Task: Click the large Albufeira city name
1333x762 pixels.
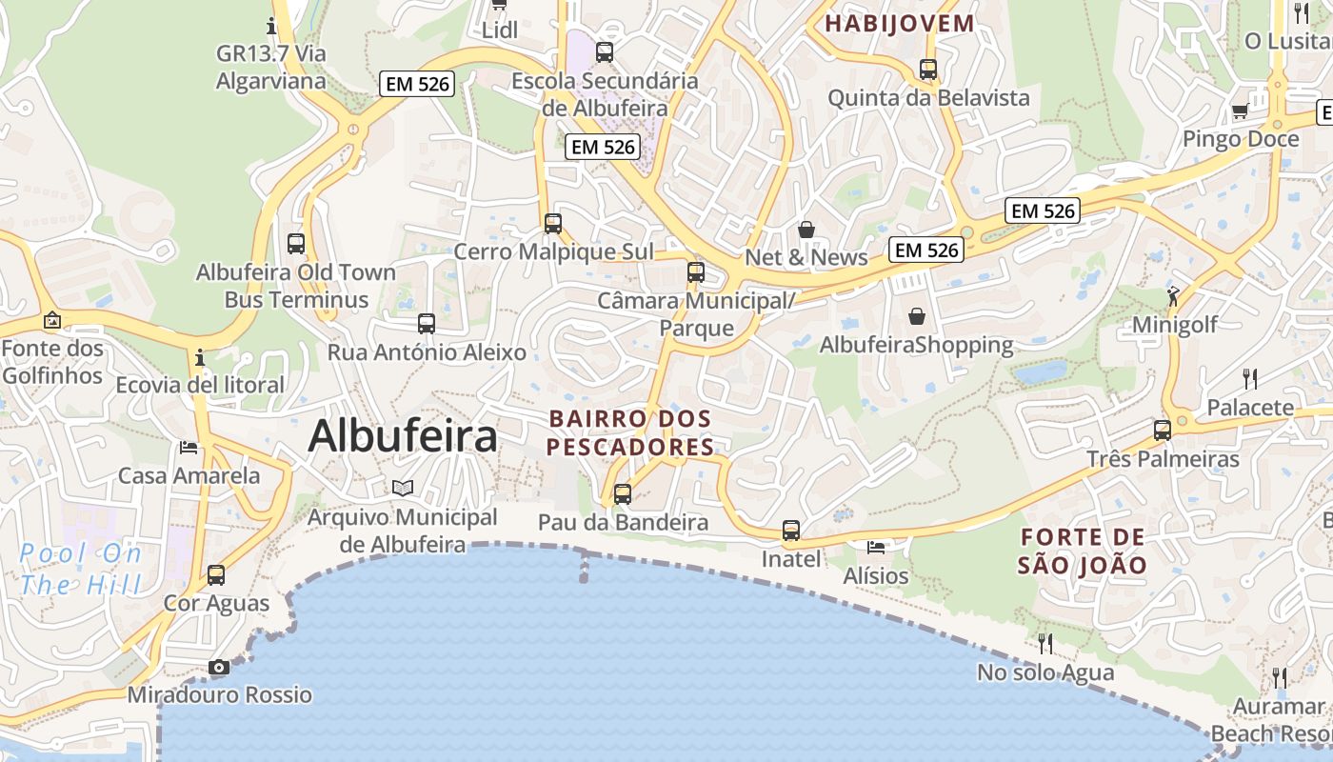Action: [403, 436]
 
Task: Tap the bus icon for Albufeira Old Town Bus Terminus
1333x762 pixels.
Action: [296, 243]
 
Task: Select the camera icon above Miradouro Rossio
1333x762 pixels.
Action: [219, 667]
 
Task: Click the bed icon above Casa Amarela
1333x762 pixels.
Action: [189, 447]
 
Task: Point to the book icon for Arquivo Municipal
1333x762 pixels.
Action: [403, 488]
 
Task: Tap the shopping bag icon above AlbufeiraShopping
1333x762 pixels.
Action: [916, 315]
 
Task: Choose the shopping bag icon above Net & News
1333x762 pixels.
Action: [806, 230]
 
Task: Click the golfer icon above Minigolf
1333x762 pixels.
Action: [1173, 296]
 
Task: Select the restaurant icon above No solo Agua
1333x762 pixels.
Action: [1045, 644]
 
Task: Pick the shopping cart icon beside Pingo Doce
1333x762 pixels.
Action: [1240, 111]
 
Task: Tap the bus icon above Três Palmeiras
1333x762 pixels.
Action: [1162, 430]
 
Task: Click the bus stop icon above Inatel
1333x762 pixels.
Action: [790, 531]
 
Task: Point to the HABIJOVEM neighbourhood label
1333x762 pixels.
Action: [900, 24]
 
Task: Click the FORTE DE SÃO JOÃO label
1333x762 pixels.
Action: [1082, 551]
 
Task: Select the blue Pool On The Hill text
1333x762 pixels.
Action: [80, 569]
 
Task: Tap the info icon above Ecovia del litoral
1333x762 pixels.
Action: [200, 358]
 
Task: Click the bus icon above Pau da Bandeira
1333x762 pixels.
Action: [623, 493]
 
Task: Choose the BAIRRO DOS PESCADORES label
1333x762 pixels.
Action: [630, 432]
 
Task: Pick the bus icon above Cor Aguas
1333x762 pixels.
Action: [216, 575]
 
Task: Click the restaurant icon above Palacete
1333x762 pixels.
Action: [1250, 379]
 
